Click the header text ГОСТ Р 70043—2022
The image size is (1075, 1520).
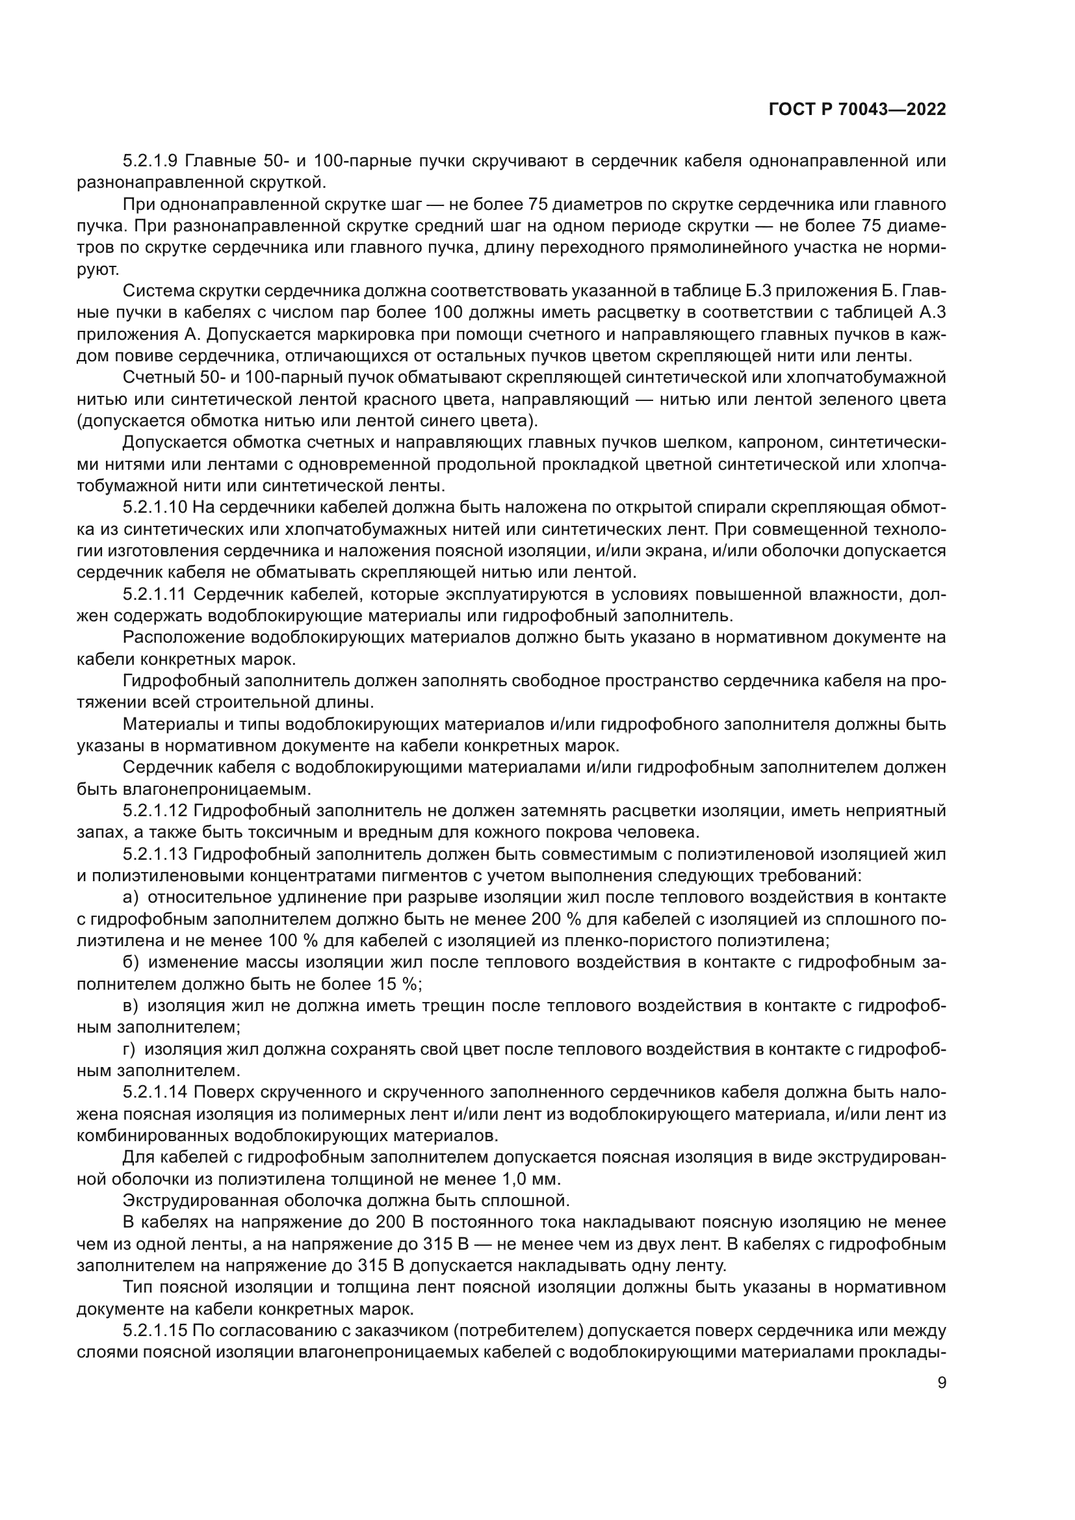tap(857, 110)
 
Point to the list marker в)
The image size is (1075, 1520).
tap(131, 1006)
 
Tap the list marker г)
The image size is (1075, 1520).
tap(129, 1050)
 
